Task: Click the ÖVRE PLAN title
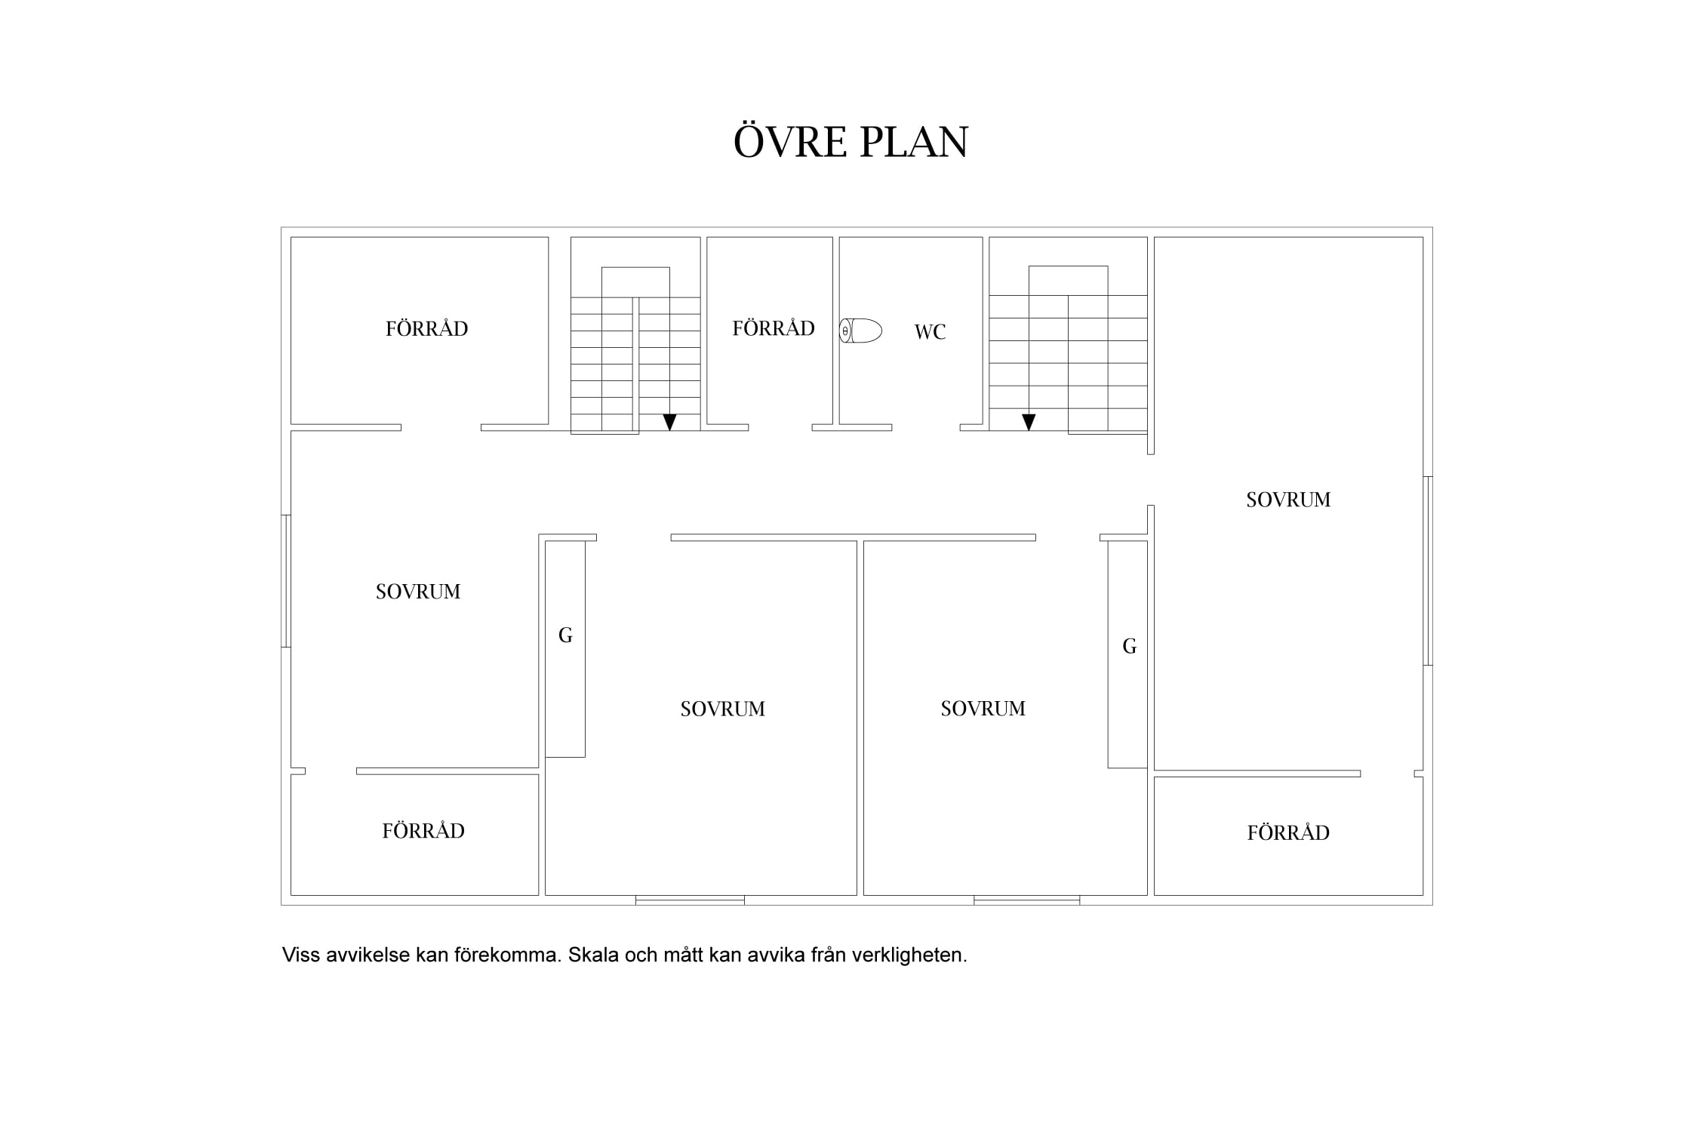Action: click(x=851, y=141)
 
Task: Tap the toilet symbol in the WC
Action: click(x=860, y=331)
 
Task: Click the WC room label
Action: click(x=930, y=332)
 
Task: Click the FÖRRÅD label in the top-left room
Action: click(x=426, y=328)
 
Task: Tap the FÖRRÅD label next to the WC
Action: click(x=774, y=328)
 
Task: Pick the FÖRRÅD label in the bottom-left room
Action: click(x=423, y=830)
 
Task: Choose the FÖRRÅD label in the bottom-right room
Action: click(x=1288, y=832)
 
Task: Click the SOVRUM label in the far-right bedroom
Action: click(x=1288, y=500)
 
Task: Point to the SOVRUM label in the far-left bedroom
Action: click(x=418, y=592)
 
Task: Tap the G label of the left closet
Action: click(x=565, y=635)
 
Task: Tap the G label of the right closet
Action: click(x=1129, y=646)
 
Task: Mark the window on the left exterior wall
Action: click(x=286, y=580)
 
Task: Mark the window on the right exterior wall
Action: click(x=1428, y=571)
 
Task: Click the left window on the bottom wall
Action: click(x=690, y=900)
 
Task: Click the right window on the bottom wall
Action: click(x=1026, y=900)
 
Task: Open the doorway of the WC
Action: click(x=926, y=427)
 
